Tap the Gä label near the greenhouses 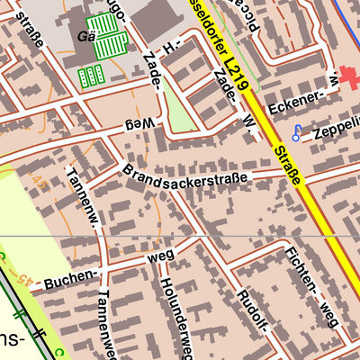pyautogui.click(x=85, y=38)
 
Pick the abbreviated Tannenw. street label pyautogui.click(x=84, y=199)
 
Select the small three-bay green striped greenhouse pyautogui.click(x=90, y=76)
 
